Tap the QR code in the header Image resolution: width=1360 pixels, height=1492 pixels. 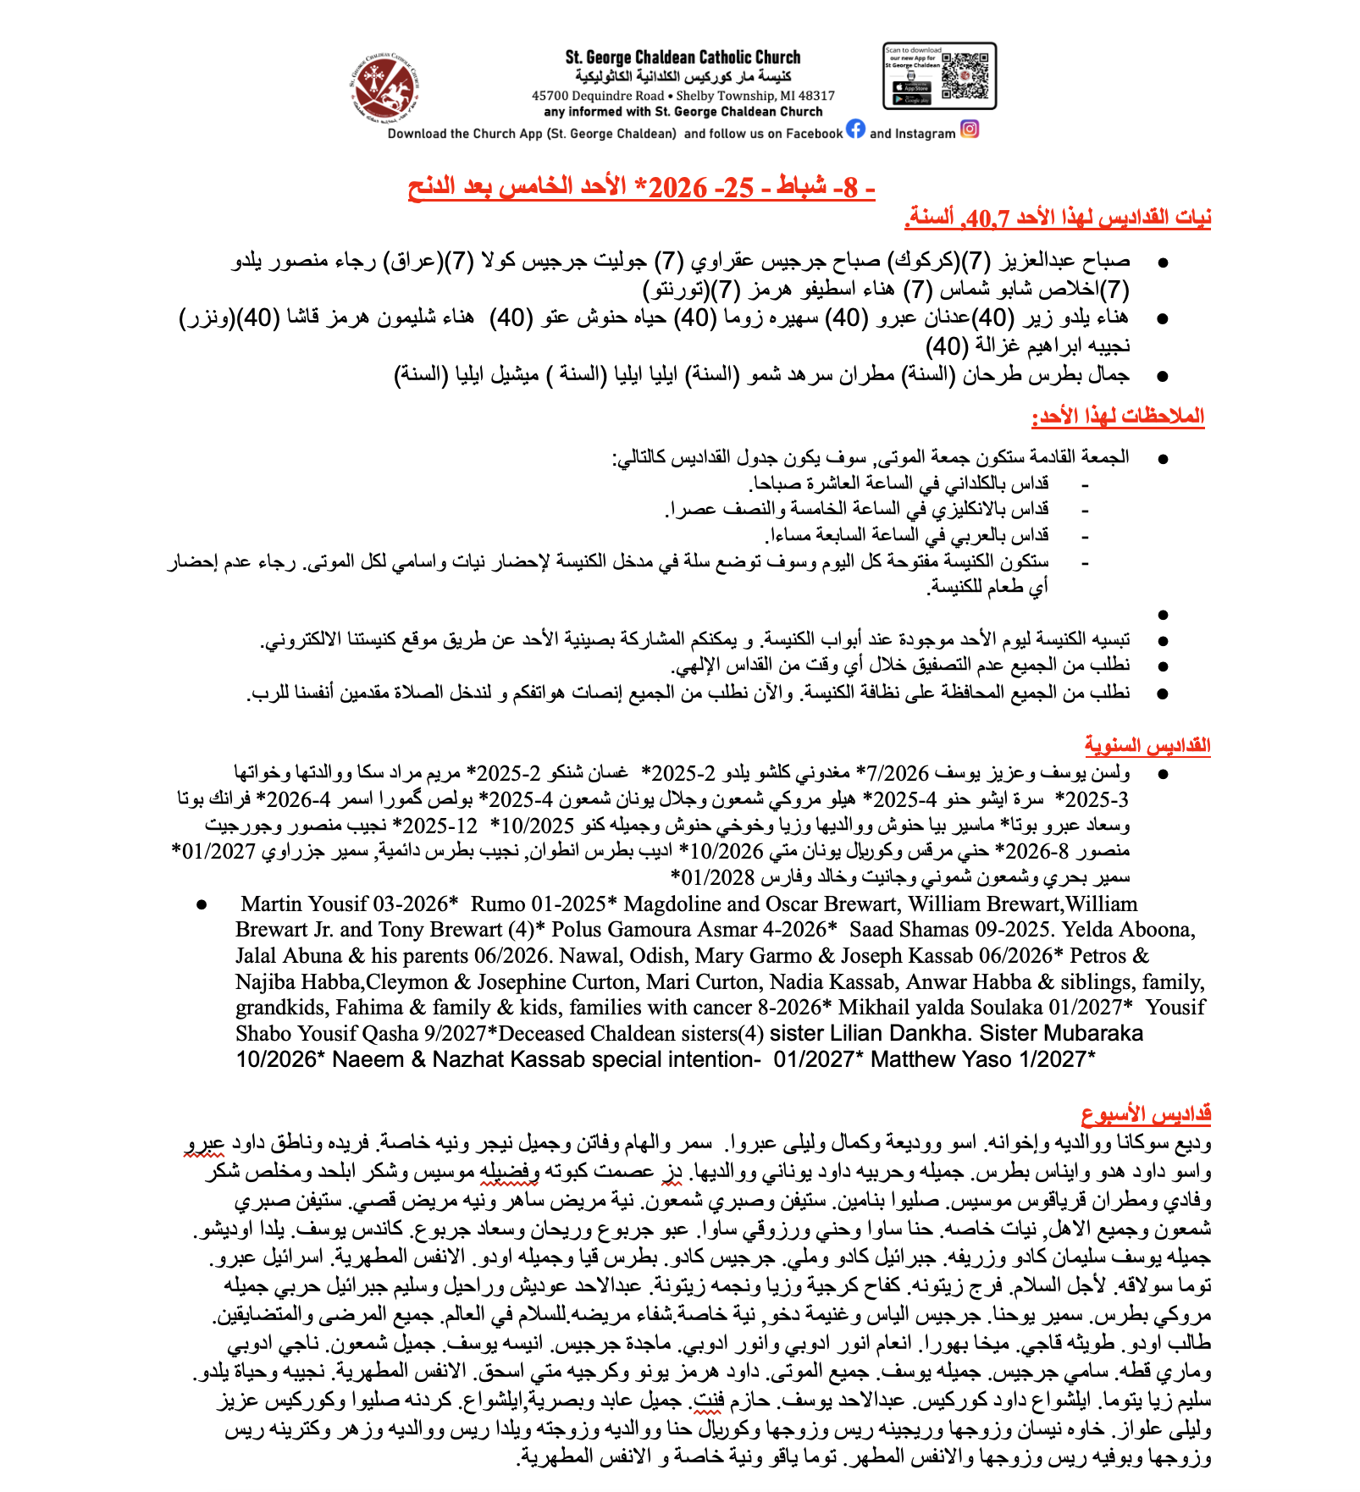point(965,76)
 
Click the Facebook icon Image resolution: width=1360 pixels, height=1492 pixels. point(855,130)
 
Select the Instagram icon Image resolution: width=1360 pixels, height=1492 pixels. point(970,130)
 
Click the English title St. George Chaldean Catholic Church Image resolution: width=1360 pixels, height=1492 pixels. point(683,58)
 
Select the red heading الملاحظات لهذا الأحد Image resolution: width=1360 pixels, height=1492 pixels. point(1118,417)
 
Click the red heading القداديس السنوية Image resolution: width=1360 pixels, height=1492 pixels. point(1147,746)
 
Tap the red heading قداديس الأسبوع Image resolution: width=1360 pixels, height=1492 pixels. point(1146,1114)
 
